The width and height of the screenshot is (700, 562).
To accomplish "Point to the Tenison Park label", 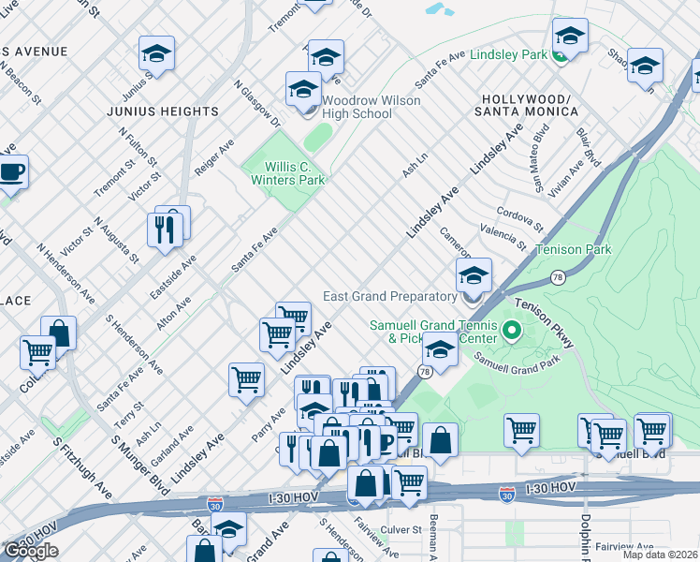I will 573,250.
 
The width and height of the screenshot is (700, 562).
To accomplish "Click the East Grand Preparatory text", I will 388,296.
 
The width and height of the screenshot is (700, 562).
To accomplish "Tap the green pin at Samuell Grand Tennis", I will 511,331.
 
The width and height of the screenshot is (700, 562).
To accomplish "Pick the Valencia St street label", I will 503,237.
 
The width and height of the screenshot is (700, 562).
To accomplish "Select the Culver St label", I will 403,530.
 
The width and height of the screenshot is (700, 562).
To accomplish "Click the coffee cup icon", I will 11,171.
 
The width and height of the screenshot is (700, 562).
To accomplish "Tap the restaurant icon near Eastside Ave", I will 165,229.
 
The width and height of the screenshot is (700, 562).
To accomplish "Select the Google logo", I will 31,551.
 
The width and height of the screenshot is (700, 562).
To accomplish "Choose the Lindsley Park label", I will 508,55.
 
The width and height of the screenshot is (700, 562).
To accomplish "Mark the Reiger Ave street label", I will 214,158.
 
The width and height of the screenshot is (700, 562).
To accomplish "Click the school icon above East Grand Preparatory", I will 474,275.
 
